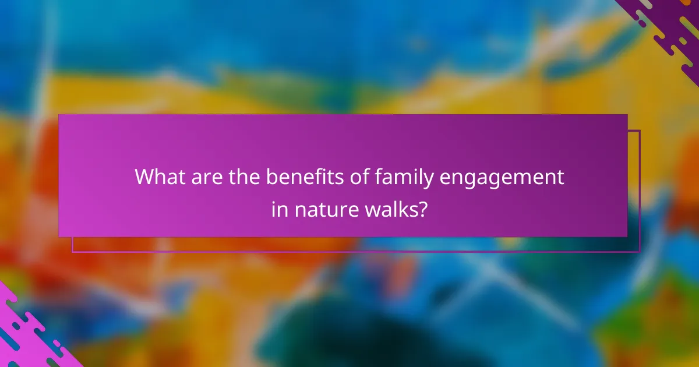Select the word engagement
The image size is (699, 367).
(x=502, y=178)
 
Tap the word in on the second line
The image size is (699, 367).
(x=279, y=209)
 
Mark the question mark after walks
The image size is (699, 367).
(x=422, y=209)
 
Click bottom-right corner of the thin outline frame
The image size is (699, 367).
(x=640, y=252)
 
